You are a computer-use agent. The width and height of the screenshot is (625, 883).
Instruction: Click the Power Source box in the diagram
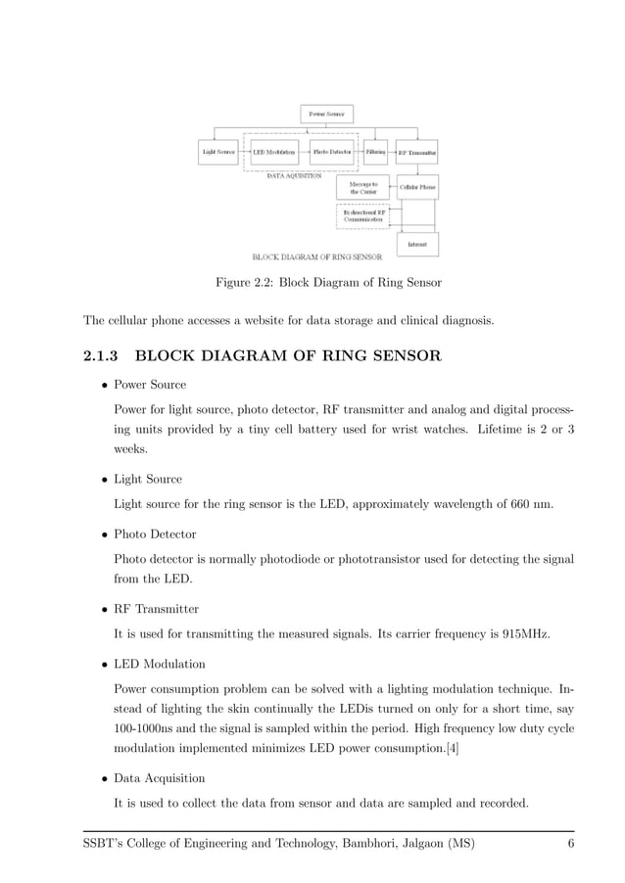click(326, 115)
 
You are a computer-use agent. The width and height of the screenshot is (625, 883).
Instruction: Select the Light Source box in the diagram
click(218, 153)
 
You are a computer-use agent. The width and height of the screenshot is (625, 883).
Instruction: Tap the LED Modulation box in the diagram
click(274, 153)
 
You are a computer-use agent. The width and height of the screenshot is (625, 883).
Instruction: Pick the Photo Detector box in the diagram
click(332, 153)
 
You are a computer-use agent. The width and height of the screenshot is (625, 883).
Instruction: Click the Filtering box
click(375, 153)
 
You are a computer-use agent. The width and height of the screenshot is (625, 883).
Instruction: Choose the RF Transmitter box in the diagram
click(416, 153)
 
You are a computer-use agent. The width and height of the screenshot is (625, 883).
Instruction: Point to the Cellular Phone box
click(417, 186)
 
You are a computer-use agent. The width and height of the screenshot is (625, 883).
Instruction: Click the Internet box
click(417, 243)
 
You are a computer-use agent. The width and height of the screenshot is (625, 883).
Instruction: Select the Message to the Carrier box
click(363, 187)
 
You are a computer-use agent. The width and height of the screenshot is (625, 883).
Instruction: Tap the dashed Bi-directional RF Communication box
click(363, 216)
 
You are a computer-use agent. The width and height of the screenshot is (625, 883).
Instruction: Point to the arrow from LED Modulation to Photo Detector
click(304, 153)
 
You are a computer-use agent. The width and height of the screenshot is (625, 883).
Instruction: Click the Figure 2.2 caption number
click(264, 283)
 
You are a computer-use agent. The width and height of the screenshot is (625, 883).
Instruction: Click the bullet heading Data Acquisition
click(160, 778)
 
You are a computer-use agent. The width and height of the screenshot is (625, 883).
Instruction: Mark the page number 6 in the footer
click(570, 844)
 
